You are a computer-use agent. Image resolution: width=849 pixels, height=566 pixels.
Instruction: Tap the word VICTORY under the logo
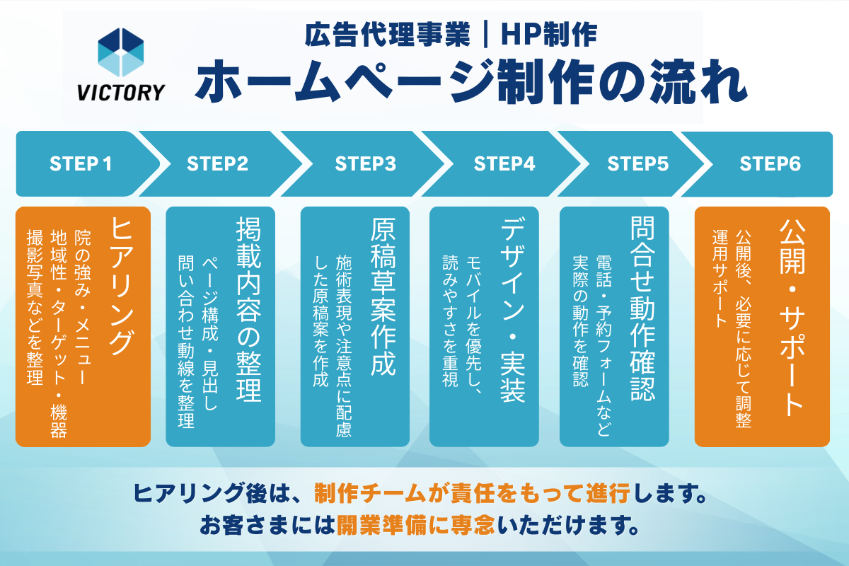click(120, 92)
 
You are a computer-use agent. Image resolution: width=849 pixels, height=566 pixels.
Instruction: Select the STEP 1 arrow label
click(81, 164)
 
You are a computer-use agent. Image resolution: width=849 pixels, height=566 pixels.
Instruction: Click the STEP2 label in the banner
click(218, 164)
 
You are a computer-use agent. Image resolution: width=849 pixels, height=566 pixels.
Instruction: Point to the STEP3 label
click(366, 164)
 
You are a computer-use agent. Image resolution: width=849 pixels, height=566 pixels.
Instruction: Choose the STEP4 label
click(504, 164)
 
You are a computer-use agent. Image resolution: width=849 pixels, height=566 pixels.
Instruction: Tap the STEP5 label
click(638, 164)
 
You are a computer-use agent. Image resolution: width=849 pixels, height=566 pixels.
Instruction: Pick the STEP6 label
click(770, 164)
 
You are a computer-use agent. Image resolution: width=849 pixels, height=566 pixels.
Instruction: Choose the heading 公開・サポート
click(791, 316)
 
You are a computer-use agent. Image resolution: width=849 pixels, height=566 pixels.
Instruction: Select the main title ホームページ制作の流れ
click(471, 80)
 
